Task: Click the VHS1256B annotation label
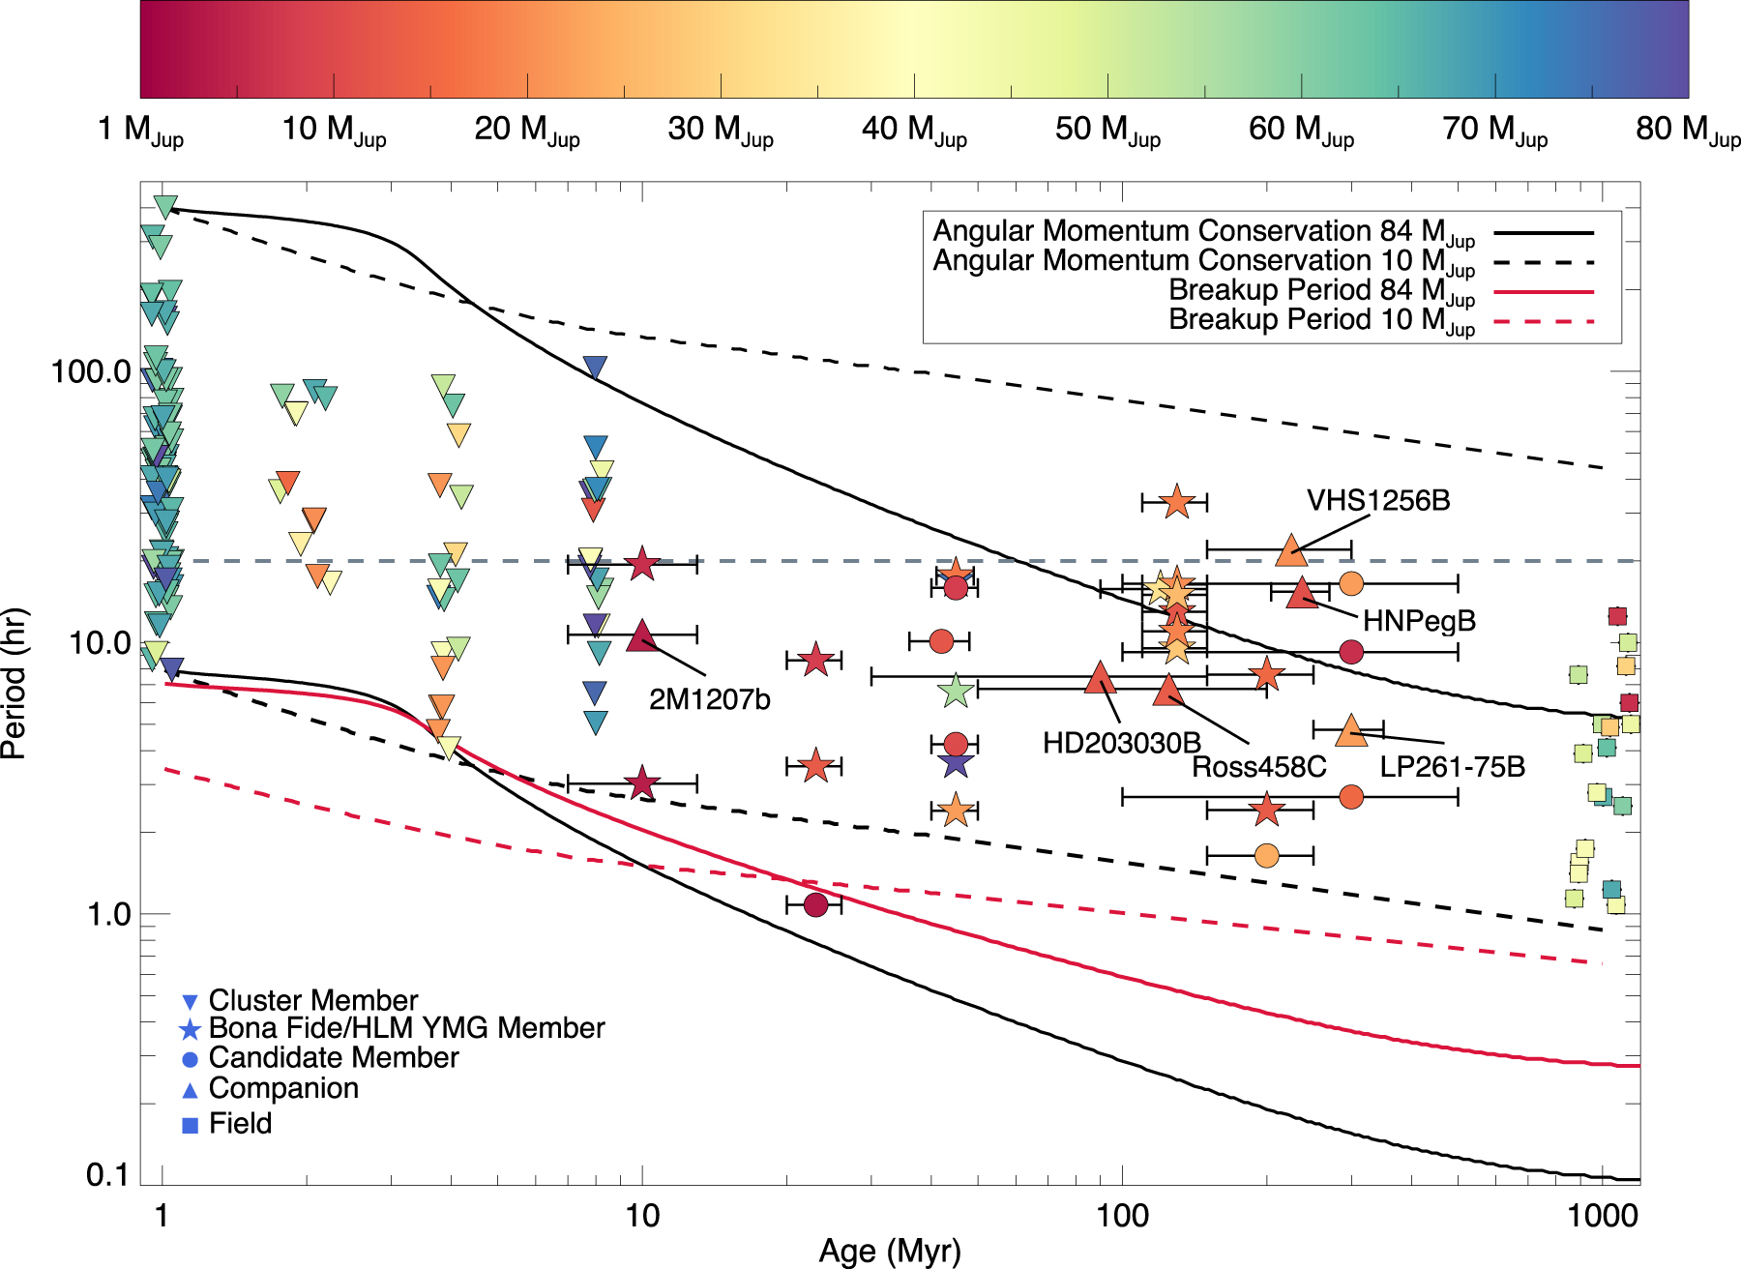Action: coord(1378,501)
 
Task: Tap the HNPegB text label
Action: coord(1419,621)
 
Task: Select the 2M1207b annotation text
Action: coord(709,699)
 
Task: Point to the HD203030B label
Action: coord(1122,743)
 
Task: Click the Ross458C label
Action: coord(1258,768)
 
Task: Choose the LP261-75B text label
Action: coord(1453,767)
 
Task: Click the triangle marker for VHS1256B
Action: coord(1291,549)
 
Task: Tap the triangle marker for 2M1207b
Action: coord(642,635)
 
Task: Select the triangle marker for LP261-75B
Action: coord(1351,730)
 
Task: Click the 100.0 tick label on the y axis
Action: coord(91,371)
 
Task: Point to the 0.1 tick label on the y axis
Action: coord(106,1175)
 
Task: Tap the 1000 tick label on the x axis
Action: coord(1602,1215)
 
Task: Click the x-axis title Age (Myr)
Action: coord(890,1252)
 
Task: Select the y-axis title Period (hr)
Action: coord(14,683)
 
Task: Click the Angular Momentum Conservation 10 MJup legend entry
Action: coord(1262,262)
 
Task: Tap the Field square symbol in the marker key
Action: coord(191,1125)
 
